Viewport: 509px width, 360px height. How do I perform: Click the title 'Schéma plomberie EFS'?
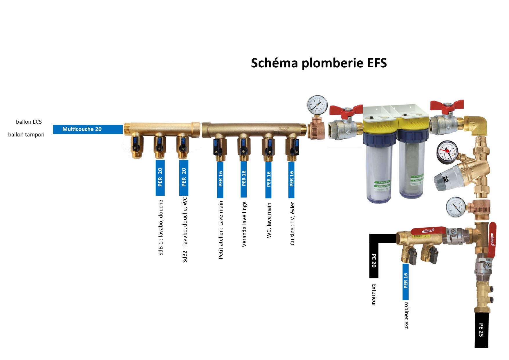tap(319, 63)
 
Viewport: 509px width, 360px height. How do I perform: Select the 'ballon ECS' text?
tap(29, 122)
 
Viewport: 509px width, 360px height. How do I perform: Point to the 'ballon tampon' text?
tap(26, 134)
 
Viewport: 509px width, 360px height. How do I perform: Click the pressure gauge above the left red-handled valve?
tap(317, 105)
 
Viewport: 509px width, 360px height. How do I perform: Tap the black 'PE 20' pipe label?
tap(374, 260)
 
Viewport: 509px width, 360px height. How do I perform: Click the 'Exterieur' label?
tap(374, 295)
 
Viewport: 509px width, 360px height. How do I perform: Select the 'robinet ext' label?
tap(406, 315)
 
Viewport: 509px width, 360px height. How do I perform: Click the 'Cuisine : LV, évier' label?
tap(293, 224)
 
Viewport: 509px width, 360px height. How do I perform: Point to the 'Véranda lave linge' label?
tap(244, 224)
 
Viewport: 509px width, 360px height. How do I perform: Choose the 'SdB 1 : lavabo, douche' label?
tap(161, 228)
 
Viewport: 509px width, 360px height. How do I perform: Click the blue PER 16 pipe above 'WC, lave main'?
tap(268, 180)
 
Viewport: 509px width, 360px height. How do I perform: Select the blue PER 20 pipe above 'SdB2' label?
tap(184, 178)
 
